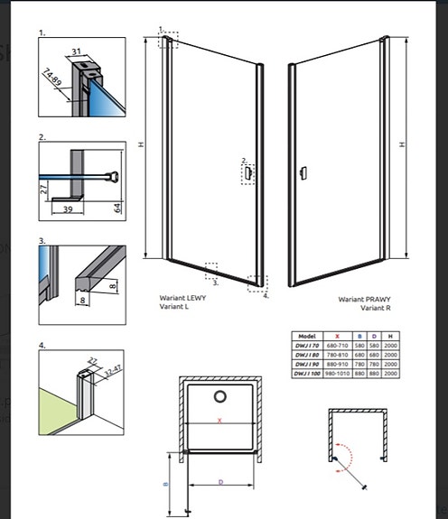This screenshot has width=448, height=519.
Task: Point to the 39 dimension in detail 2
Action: tap(69, 208)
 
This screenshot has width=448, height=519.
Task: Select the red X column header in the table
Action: tap(337, 333)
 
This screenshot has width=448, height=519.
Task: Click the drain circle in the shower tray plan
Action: tap(219, 397)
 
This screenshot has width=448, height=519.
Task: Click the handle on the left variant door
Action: tap(248, 171)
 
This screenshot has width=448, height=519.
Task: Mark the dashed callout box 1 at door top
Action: tap(167, 38)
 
